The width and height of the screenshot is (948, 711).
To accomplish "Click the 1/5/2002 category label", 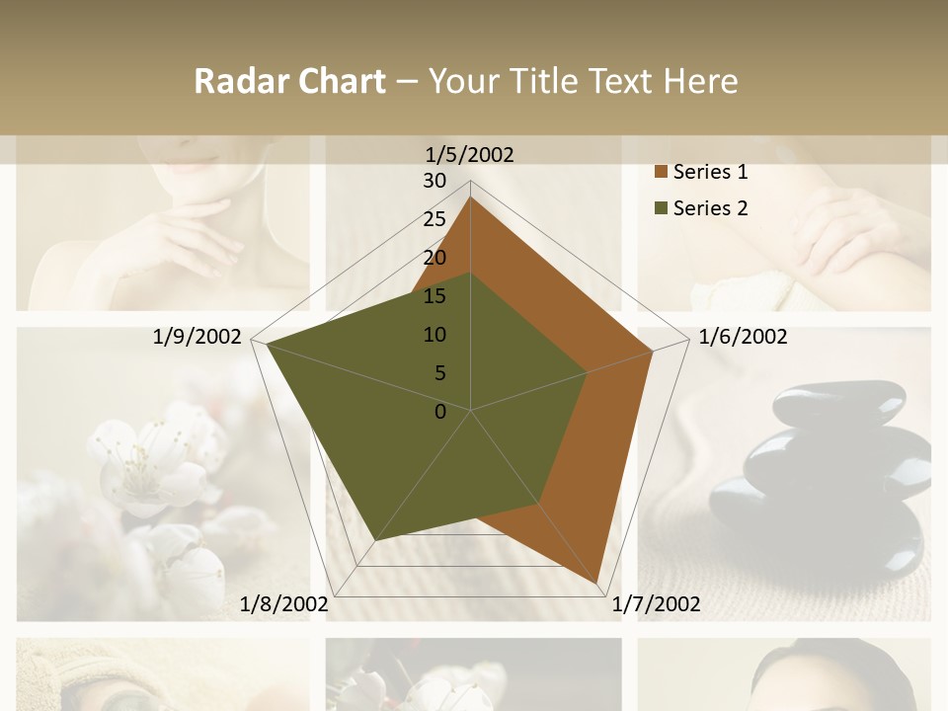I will (x=470, y=154).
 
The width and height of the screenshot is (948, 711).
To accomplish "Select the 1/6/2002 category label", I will (x=743, y=337).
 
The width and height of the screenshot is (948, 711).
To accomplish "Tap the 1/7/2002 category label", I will (x=656, y=604).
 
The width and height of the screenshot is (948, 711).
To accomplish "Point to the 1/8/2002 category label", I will (x=283, y=604).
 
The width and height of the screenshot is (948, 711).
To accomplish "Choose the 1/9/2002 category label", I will (x=197, y=337).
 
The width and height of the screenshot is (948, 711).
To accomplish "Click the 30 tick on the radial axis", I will (x=434, y=181).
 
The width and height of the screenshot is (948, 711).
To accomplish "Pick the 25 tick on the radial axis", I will (x=434, y=219).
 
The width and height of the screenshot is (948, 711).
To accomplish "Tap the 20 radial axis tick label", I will (x=434, y=258).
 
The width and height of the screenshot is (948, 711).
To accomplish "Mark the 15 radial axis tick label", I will (x=434, y=296).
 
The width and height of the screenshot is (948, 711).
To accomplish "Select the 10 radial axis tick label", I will (x=434, y=335).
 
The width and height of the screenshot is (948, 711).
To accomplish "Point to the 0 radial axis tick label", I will (x=440, y=412).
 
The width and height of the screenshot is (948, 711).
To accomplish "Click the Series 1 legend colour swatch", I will (x=661, y=173).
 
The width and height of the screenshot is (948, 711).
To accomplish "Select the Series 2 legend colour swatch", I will (x=661, y=208).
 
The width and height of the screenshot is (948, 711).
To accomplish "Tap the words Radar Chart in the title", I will (x=289, y=81).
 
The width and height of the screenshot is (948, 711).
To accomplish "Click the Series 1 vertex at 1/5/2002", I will (x=470, y=197).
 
